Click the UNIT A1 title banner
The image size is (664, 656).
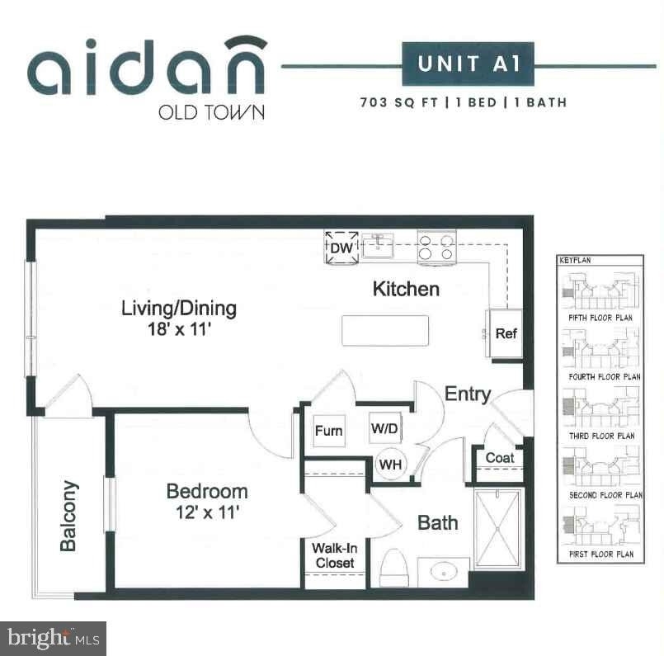[468, 64]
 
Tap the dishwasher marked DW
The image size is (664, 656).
[341, 247]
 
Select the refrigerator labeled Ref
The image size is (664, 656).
[506, 333]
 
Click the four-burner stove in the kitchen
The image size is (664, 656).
[436, 248]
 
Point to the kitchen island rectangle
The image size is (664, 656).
[385, 330]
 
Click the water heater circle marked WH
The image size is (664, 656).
[390, 465]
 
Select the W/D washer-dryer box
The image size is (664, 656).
[384, 428]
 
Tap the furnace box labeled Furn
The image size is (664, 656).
[328, 431]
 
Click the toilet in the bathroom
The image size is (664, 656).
[393, 568]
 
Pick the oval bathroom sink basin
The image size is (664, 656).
[444, 572]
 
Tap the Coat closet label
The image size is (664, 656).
[500, 458]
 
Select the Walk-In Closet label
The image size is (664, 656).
[335, 555]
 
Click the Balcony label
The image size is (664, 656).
[68, 516]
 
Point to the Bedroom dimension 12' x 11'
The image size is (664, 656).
[208, 513]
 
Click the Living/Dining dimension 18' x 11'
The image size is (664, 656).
[179, 329]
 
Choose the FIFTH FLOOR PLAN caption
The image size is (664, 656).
[600, 318]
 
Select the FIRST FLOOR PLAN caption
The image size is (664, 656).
[601, 554]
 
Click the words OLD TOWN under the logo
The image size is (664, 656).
[211, 112]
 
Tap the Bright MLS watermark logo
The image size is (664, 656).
[53, 639]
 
